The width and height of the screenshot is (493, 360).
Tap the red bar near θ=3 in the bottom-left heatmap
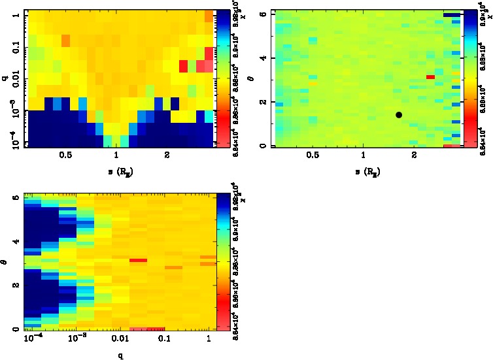click(137, 260)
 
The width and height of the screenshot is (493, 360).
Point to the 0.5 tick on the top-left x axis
click(65, 155)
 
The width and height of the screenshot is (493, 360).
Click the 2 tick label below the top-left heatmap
click(167, 155)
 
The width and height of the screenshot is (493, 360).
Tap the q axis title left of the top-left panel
click(5, 77)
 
